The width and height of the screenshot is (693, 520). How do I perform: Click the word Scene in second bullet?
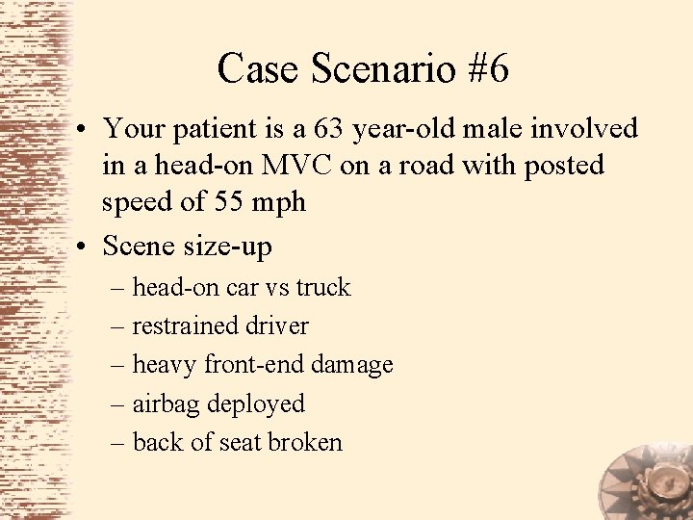pos(138,247)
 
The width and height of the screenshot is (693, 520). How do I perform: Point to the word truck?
pos(323,287)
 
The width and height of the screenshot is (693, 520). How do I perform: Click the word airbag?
pos(167,404)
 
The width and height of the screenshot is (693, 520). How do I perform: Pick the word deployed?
pos(256,404)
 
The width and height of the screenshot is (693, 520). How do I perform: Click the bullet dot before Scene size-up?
pos(86,247)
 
